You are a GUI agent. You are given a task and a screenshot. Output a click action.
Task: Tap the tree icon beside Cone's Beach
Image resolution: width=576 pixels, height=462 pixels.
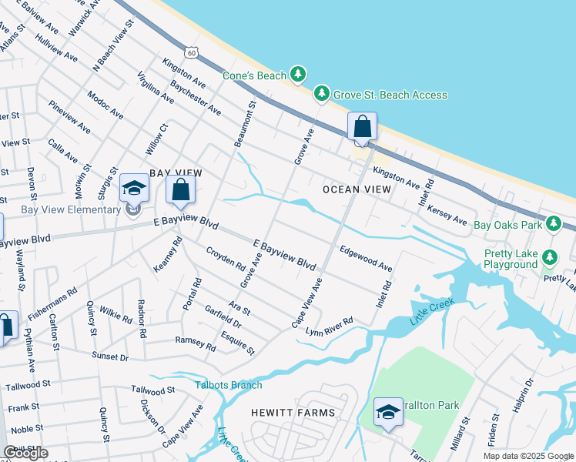tap(298, 75)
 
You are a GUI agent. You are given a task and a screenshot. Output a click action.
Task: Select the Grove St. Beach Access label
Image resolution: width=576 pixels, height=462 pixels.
tap(390, 95)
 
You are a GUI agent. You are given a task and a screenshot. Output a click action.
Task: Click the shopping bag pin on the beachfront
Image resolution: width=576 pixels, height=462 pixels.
tap(362, 126)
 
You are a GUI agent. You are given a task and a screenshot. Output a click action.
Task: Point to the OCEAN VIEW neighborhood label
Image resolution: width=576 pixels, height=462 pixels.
tap(357, 189)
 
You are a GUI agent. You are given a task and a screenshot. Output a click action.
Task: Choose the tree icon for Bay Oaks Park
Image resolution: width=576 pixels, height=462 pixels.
tap(553, 224)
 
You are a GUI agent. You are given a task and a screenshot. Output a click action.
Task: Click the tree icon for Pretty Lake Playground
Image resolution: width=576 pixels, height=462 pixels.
tap(550, 256)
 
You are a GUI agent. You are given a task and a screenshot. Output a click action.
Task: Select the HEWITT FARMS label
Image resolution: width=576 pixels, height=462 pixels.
tap(293, 413)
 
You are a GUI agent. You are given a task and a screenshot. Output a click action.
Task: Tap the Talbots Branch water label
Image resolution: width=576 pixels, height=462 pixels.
tap(229, 385)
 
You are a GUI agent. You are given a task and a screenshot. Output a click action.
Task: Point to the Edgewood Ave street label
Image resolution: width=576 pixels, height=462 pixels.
tap(366, 257)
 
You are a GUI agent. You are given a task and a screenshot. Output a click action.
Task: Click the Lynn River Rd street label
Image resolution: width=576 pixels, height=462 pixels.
tap(329, 326)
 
